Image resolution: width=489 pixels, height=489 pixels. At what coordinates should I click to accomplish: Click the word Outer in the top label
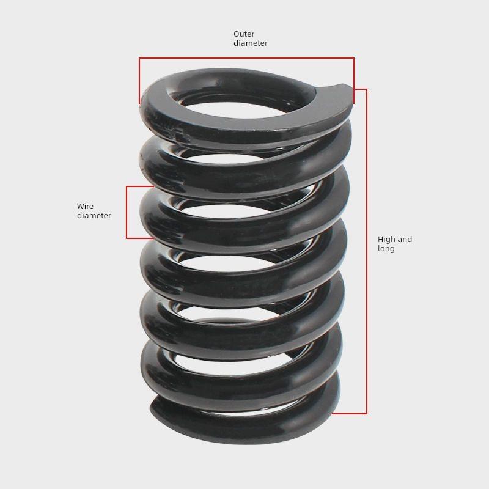[244, 34]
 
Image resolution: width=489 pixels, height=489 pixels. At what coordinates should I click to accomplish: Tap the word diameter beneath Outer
[251, 43]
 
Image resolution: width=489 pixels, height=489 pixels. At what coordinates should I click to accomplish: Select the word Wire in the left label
[85, 207]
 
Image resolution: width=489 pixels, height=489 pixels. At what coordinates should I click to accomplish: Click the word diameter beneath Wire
[94, 216]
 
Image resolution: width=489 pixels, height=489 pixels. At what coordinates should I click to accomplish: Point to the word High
[386, 240]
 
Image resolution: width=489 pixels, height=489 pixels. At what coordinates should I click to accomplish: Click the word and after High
[405, 240]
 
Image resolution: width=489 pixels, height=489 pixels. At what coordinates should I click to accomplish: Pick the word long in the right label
[386, 249]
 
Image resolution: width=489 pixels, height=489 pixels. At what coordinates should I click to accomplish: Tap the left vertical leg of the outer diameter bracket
[140, 79]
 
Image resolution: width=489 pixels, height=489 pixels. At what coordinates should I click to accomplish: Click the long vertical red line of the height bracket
[366, 251]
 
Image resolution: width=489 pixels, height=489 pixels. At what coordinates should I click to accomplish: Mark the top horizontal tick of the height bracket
[359, 90]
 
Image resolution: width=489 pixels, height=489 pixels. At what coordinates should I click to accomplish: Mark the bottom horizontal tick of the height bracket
[350, 414]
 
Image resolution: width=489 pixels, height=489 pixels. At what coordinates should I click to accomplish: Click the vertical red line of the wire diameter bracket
[127, 212]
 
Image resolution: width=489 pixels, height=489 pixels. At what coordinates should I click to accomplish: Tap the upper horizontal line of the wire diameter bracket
[139, 186]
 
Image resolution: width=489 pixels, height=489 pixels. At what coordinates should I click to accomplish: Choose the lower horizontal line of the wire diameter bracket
[139, 238]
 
